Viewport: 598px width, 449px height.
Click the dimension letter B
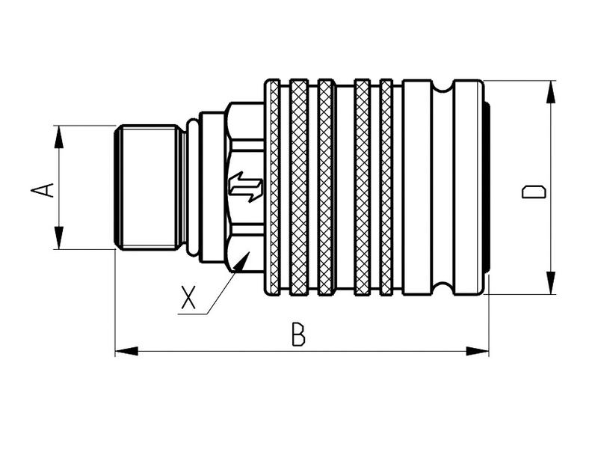coord(298,335)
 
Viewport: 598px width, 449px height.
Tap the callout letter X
coord(188,298)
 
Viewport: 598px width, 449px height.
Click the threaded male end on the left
coord(148,186)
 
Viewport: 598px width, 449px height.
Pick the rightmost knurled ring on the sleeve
coord(386,187)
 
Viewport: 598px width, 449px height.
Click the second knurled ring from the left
coord(299,187)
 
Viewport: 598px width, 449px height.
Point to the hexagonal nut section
coord(244,150)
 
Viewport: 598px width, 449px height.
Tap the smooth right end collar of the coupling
coord(469,187)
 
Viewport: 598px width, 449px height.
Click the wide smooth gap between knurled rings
coord(344,187)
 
